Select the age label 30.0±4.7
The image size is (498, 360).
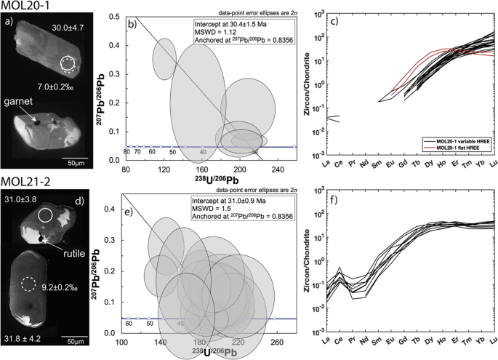coord(71,28)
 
